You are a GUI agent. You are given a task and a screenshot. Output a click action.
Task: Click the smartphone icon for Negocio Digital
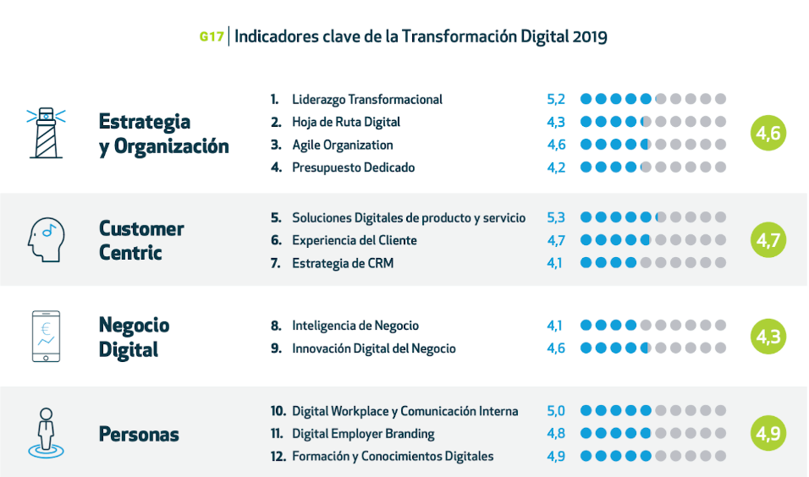tap(46, 336)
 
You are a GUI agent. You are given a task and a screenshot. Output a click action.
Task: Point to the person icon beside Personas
tap(46, 432)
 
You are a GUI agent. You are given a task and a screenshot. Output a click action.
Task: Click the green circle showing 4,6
tap(768, 133)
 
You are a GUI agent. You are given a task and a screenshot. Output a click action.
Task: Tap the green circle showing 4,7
tap(768, 240)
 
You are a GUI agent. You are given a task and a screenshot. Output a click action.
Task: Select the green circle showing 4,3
tap(768, 337)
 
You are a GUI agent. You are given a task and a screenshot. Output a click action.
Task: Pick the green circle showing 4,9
tap(768, 434)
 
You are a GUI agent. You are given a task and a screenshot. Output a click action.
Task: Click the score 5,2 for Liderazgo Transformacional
tap(556, 99)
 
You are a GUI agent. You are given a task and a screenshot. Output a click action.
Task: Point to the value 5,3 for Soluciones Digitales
tap(556, 217)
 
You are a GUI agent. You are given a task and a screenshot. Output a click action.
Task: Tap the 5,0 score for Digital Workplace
tap(556, 411)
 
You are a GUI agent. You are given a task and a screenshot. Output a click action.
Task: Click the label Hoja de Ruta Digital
tap(345, 122)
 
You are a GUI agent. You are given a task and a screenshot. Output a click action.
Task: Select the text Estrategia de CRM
tap(342, 263)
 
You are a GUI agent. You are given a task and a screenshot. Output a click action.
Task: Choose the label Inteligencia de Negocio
tap(355, 326)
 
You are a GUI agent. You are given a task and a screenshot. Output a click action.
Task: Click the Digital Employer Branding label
tap(363, 434)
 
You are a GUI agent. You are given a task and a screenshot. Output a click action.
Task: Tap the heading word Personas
tap(139, 435)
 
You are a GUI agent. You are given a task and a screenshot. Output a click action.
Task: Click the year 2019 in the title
tap(589, 37)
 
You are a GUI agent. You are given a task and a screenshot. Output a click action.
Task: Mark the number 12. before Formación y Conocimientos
tap(278, 457)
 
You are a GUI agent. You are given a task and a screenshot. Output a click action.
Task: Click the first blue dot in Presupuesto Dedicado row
tap(586, 167)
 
